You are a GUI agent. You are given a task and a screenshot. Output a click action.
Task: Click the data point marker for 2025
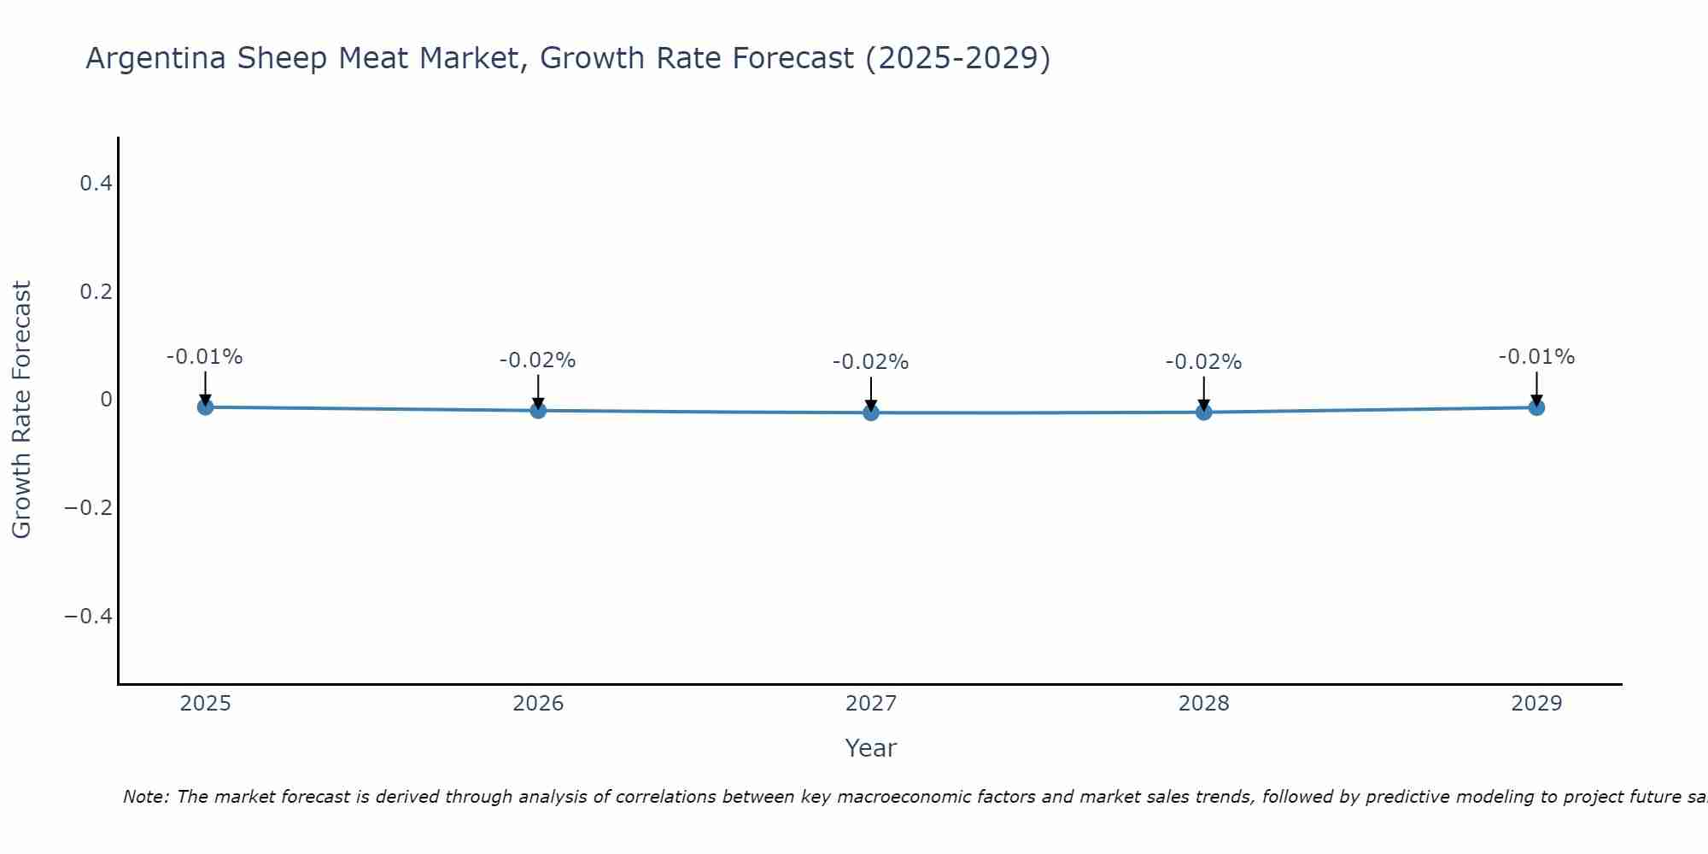(x=205, y=407)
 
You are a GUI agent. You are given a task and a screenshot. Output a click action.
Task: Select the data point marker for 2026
(x=538, y=411)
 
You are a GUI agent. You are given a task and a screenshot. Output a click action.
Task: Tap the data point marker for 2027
(x=871, y=413)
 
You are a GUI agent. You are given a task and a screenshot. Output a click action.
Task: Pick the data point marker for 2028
(x=1204, y=412)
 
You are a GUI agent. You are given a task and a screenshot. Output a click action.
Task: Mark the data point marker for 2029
(x=1536, y=407)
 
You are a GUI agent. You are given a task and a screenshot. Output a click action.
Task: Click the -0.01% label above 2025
(x=204, y=357)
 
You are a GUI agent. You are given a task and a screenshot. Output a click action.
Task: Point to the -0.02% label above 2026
(x=537, y=360)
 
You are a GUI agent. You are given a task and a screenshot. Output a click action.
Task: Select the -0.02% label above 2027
(x=870, y=362)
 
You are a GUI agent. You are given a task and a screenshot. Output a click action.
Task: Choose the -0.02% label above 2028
(x=1203, y=362)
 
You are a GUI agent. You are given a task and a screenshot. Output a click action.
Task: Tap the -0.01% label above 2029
(x=1536, y=357)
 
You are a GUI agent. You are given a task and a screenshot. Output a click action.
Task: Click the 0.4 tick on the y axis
(x=96, y=183)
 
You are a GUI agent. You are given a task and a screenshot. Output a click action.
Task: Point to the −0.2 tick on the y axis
(x=88, y=507)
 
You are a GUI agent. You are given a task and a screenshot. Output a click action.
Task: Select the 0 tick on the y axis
(x=106, y=400)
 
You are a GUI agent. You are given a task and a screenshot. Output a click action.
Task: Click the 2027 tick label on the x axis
(x=870, y=704)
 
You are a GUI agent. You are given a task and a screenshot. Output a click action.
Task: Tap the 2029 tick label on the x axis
(x=1536, y=704)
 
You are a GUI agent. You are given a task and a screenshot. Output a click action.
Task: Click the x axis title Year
(x=870, y=748)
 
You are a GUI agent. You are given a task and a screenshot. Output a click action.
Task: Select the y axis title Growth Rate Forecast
(x=21, y=410)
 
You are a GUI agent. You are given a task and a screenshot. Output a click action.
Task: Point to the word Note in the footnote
(x=145, y=797)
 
